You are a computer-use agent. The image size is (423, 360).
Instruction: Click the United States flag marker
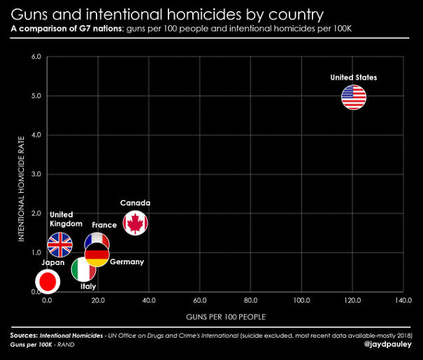click(354, 97)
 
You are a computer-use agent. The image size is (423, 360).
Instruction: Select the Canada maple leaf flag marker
click(135, 223)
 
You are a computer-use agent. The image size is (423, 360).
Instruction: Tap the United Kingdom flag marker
click(59, 245)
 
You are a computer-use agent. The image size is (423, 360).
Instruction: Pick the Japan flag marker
click(48, 281)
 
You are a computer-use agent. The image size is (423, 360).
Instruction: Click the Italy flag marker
click(83, 269)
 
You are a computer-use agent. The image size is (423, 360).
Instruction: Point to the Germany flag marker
click(97, 254)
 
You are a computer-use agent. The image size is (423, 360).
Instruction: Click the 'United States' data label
click(354, 78)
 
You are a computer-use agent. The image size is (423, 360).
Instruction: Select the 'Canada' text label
click(135, 203)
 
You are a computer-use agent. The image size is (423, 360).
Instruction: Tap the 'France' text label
click(104, 225)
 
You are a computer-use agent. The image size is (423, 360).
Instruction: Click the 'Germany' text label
click(127, 261)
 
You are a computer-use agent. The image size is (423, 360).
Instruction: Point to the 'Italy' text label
click(88, 286)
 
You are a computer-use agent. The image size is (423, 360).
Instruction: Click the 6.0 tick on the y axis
click(35, 57)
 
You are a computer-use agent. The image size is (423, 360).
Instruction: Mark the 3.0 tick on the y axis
click(35, 174)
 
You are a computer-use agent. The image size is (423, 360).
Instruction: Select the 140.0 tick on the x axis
click(403, 300)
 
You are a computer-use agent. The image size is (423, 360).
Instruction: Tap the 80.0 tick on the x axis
click(250, 300)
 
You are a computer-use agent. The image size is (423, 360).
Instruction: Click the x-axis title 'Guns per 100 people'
click(225, 317)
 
